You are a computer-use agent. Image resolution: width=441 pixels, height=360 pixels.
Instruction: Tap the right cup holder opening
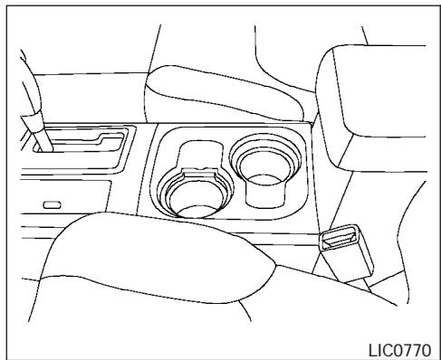[x=262, y=163]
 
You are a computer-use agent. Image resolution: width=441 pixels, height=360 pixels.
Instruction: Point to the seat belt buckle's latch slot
[x=342, y=238]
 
